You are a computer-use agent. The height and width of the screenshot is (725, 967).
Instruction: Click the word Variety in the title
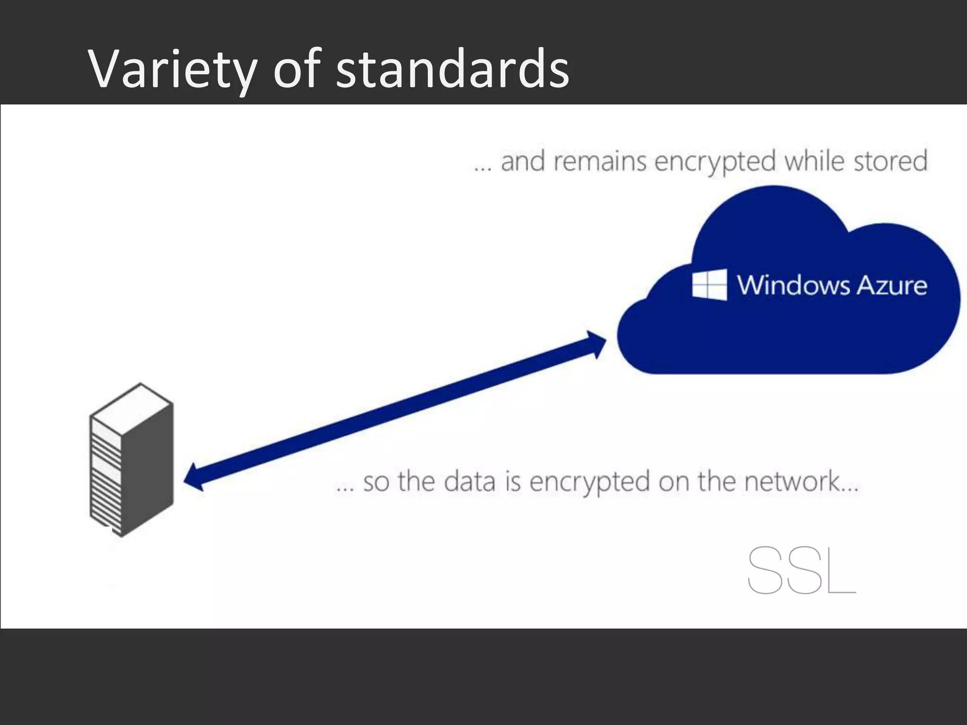[172, 70]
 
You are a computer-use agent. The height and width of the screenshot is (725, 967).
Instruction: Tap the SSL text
[801, 570]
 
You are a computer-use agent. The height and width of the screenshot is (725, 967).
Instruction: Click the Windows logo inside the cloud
[709, 285]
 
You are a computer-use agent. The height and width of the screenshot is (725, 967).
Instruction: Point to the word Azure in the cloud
[891, 286]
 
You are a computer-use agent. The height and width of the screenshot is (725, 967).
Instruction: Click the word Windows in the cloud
[793, 286]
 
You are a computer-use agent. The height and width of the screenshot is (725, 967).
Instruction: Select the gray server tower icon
[131, 460]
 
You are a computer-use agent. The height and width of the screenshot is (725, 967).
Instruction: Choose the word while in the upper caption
[814, 161]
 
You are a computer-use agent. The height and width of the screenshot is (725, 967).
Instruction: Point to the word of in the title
[297, 70]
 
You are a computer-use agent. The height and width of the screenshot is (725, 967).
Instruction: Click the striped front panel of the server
[106, 479]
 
